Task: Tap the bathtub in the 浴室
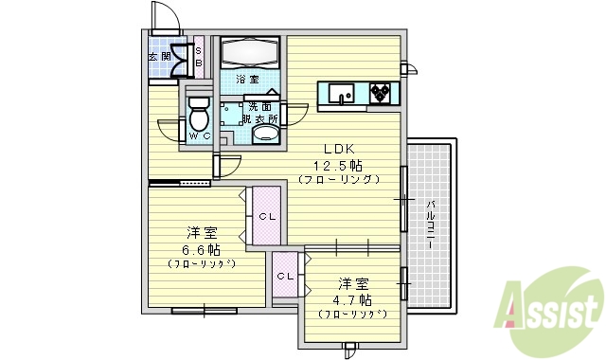[x=250, y=51]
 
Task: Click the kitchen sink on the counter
[x=341, y=93]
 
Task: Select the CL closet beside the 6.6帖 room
[x=267, y=216]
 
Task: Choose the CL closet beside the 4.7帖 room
[x=285, y=276]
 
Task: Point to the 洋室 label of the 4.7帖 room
[x=352, y=282]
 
